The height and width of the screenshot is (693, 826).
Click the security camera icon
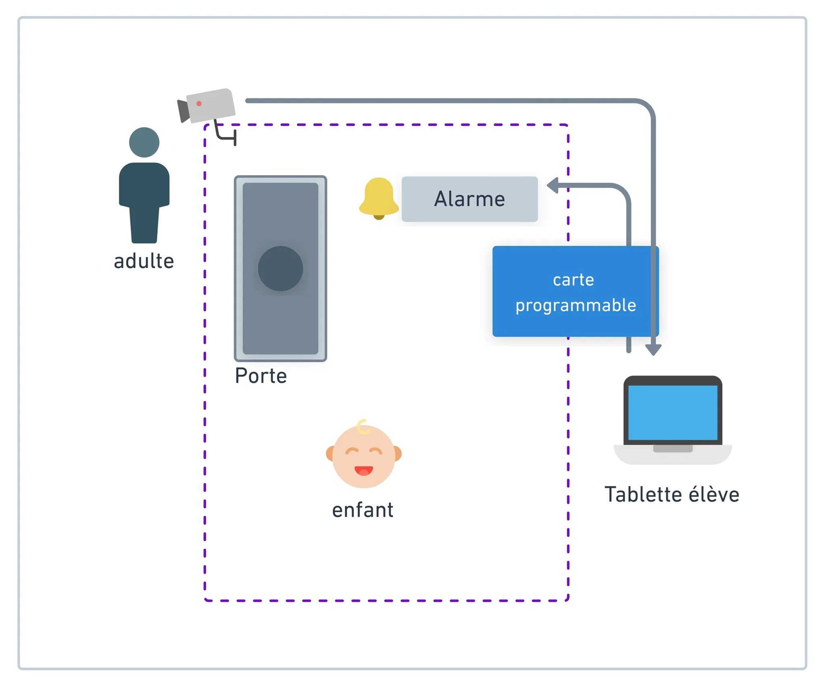click(x=208, y=106)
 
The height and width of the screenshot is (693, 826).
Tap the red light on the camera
click(x=199, y=104)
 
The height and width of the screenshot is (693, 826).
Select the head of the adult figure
click(x=144, y=142)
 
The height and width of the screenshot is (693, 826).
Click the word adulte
click(x=144, y=261)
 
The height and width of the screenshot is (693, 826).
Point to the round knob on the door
click(x=280, y=268)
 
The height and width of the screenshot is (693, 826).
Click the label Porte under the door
click(x=261, y=376)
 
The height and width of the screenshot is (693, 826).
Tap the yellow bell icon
click(x=379, y=198)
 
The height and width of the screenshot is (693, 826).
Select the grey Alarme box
click(x=469, y=199)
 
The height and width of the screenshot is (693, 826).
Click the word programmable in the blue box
click(x=576, y=306)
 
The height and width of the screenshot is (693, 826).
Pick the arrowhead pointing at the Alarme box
click(x=553, y=186)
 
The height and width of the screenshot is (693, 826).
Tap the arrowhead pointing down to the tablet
click(x=653, y=350)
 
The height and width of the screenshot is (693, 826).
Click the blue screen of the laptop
click(x=672, y=412)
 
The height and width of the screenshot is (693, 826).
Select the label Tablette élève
click(x=672, y=494)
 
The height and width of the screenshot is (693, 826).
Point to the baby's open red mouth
click(x=363, y=470)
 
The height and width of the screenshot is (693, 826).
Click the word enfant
click(x=363, y=510)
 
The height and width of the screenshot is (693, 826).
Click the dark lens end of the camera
click(x=184, y=111)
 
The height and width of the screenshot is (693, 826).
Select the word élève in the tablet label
click(x=714, y=494)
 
